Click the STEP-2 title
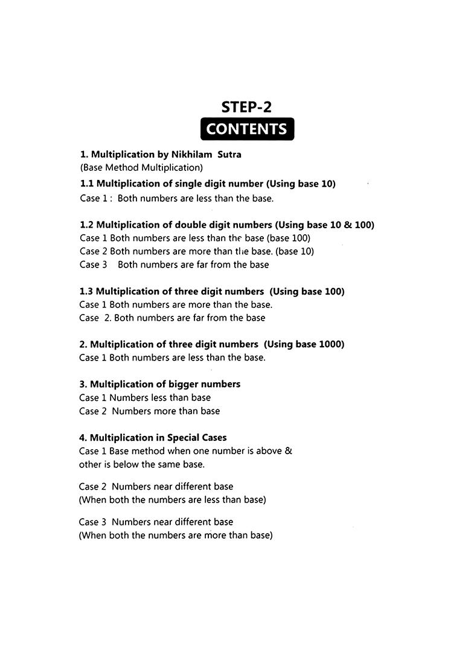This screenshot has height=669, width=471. click(246, 107)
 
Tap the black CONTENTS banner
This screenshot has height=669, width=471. click(246, 129)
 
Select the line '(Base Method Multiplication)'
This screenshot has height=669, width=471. click(141, 168)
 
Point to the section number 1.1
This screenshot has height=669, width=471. click(87, 184)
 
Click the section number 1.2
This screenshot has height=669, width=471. click(87, 225)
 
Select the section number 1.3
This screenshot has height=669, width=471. click(87, 291)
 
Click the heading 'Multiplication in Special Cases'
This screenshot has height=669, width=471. click(158, 438)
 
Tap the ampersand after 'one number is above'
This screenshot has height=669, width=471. click(288, 451)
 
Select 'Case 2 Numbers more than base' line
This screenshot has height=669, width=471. click(150, 411)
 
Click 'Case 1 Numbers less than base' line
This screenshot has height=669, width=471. click(145, 398)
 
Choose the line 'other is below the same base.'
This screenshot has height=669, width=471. click(142, 464)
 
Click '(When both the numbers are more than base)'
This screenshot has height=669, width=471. click(176, 535)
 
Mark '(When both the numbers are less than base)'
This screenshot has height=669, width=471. click(173, 500)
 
